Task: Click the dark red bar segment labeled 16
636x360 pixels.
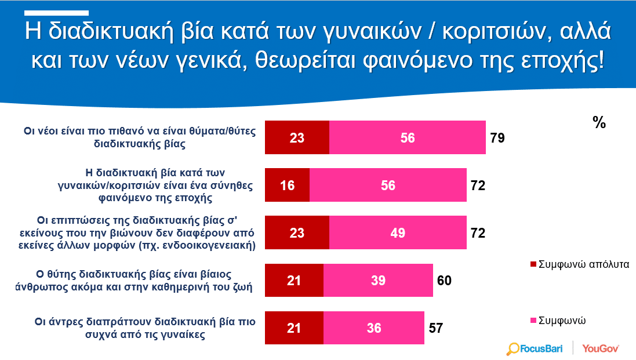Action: coord(287,185)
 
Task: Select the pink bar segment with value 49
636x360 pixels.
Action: coord(398,232)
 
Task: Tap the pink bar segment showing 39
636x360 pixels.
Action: coord(378,280)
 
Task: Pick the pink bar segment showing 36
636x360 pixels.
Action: coord(374,328)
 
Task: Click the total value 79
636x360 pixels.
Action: coord(497,138)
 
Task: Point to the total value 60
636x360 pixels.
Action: coord(444,280)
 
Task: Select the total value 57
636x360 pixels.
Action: coord(435,328)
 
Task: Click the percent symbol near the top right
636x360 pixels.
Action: coord(599,122)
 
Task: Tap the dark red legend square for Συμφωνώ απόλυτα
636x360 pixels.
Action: coord(533,264)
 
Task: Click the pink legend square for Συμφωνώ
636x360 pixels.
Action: coord(533,321)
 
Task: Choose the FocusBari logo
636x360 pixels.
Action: coord(535,348)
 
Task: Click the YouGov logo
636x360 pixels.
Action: coord(601,348)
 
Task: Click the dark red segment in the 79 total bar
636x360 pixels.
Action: coord(297,137)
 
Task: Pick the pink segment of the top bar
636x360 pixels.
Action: coord(408,137)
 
